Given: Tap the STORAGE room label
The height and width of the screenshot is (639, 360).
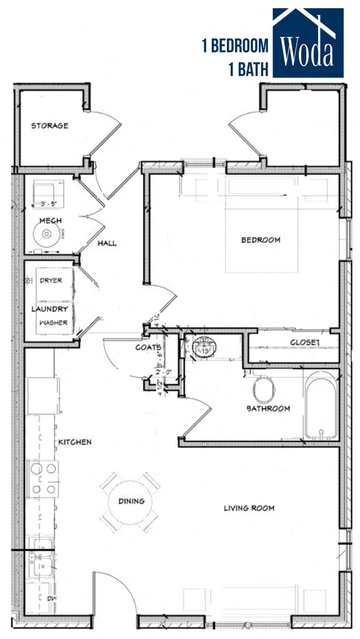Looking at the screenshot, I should [x=50, y=126].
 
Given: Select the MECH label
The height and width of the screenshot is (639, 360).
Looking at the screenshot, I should [x=49, y=221].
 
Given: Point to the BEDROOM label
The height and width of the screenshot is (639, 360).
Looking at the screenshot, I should [x=261, y=239].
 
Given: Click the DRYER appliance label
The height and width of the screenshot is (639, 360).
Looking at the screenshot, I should [x=51, y=281].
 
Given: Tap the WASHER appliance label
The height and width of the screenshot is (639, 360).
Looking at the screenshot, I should [x=53, y=323].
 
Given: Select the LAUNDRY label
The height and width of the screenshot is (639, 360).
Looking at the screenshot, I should [x=49, y=309].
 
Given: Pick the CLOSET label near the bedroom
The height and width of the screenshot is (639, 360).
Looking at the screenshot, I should [x=304, y=343].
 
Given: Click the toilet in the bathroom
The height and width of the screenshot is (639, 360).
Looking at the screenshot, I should [x=263, y=390].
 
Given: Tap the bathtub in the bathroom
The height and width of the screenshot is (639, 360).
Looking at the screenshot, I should [x=321, y=406].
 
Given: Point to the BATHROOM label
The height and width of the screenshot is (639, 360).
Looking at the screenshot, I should [x=267, y=408].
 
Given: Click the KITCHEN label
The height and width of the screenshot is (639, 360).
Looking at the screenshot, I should [x=75, y=442].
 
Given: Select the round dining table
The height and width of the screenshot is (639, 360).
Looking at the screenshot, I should [x=131, y=501].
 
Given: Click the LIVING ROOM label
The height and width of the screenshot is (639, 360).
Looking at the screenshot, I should [x=249, y=508].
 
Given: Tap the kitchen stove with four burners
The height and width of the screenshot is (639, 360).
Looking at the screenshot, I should [x=42, y=478].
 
